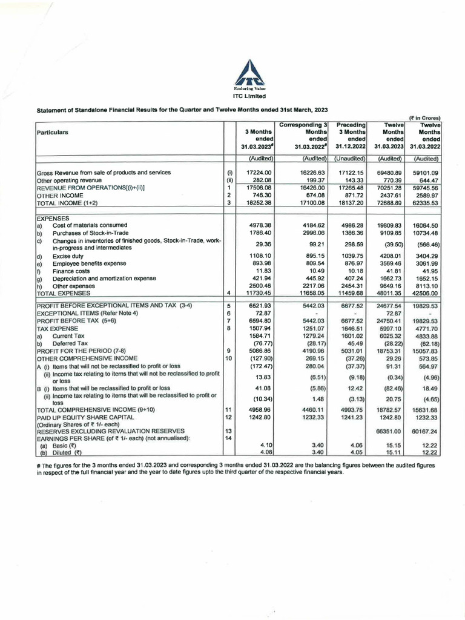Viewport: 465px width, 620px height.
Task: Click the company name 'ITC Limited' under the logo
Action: pyautogui.click(x=249, y=96)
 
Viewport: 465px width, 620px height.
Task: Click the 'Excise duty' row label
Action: pyautogui.click(x=67, y=256)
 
